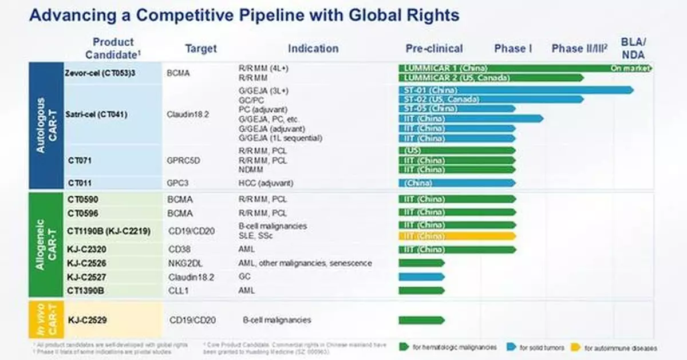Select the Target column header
(x=200, y=49)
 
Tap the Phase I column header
(x=513, y=49)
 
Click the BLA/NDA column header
(x=633, y=49)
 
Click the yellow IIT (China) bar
(x=457, y=236)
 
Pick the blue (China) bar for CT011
(x=457, y=183)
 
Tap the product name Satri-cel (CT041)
(x=97, y=114)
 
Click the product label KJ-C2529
(x=87, y=320)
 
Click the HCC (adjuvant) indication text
(x=265, y=183)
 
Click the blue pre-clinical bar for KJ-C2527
(x=421, y=276)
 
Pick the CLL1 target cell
(x=179, y=290)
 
